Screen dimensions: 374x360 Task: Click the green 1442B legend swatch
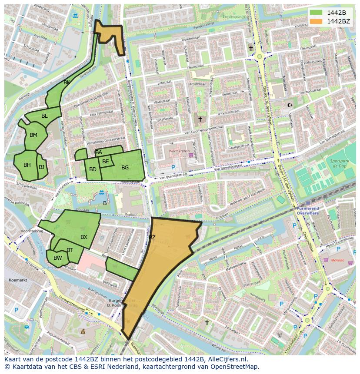click(x=316, y=12)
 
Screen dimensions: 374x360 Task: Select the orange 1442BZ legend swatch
click(x=316, y=21)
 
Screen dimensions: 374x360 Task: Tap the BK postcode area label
click(x=67, y=83)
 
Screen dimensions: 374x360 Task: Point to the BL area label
click(x=44, y=116)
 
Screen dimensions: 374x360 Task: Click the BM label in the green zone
click(x=33, y=135)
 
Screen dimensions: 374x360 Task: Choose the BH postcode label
click(x=27, y=165)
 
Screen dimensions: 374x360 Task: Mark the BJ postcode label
click(x=41, y=167)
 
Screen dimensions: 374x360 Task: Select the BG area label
click(x=125, y=168)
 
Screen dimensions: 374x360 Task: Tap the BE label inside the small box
click(x=105, y=162)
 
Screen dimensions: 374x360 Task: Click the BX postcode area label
click(x=84, y=237)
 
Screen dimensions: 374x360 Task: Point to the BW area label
click(x=57, y=258)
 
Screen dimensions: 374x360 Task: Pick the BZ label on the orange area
click(x=152, y=238)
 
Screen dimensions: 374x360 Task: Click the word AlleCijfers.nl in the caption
click(x=226, y=359)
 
